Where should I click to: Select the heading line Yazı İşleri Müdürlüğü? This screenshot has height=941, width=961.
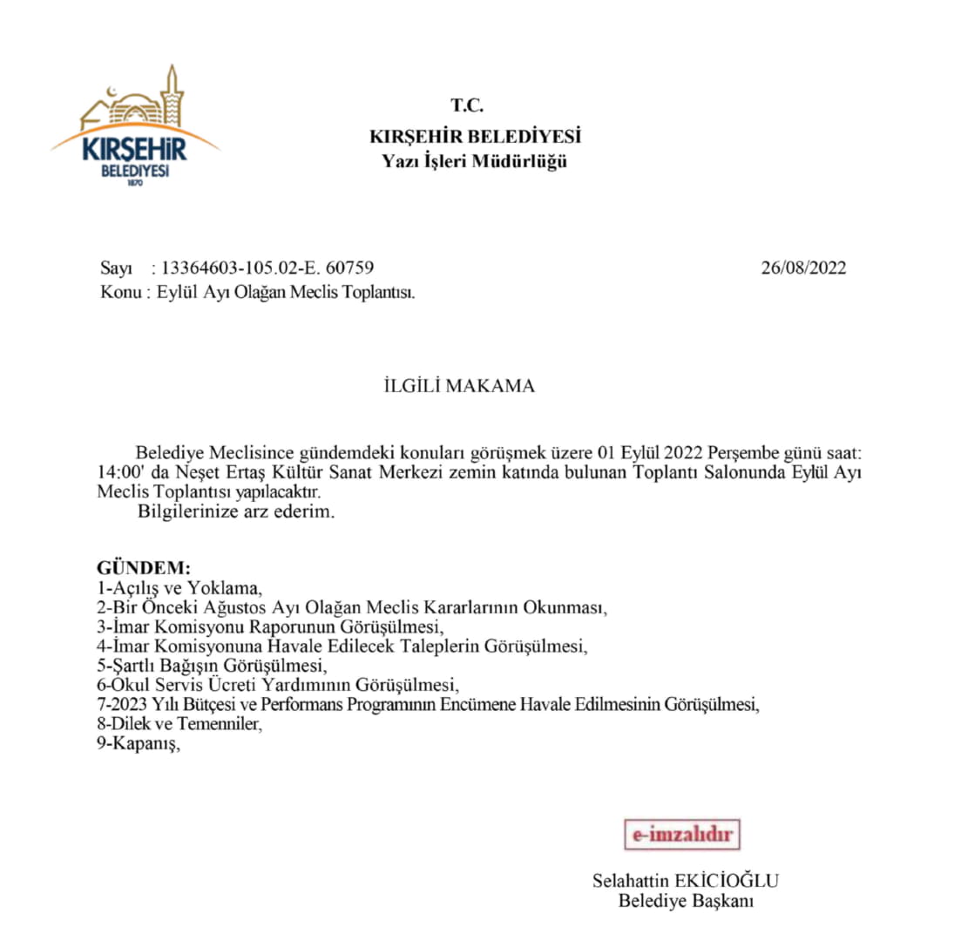tap(475, 160)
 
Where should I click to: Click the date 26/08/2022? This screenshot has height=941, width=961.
tap(803, 268)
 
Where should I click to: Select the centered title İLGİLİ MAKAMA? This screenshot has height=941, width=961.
tap(459, 386)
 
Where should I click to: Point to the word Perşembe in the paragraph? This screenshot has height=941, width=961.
tap(742, 453)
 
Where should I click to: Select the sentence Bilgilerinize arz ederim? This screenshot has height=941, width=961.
tap(236, 511)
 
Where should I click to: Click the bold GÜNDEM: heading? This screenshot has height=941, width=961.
tap(143, 568)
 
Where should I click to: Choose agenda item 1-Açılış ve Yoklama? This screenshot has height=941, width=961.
tap(179, 588)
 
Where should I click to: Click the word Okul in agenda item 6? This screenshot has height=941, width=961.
tap(125, 686)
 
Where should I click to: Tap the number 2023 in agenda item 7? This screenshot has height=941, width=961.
tap(129, 705)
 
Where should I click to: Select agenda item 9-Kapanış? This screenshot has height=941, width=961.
tap(139, 744)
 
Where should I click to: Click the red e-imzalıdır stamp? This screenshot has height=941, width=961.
tap(682, 835)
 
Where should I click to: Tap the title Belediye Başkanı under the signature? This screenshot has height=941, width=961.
tap(686, 901)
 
